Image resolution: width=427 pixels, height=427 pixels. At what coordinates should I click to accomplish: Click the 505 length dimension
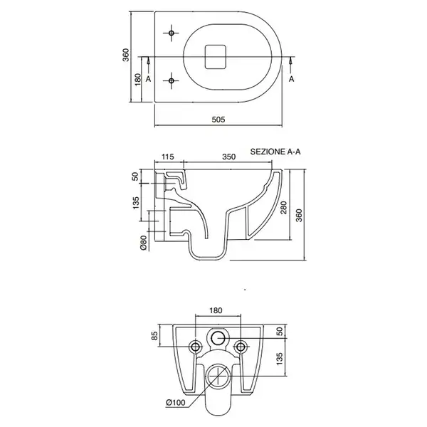pos(218,120)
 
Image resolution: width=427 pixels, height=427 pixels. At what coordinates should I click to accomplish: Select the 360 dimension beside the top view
pos(125,55)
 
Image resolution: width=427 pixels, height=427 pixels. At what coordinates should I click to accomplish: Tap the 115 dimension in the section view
pos(168,157)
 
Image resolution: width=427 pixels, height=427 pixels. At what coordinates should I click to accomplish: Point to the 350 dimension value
pos(228,157)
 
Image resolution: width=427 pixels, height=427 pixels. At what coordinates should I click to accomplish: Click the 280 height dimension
pos(283,208)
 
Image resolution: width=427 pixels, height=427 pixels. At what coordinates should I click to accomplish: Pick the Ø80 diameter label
pos(144,243)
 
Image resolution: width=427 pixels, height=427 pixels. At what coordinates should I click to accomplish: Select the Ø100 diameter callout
pos(176,402)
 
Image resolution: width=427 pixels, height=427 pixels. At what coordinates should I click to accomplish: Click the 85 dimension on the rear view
pos(154,335)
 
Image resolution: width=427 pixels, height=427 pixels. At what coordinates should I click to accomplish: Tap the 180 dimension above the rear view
pos(216,310)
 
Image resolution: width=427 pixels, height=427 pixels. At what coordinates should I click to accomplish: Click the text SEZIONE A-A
pos(275,152)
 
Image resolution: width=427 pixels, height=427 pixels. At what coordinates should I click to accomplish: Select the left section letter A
pos(148,79)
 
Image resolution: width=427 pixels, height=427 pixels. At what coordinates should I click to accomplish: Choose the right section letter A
pos(291,79)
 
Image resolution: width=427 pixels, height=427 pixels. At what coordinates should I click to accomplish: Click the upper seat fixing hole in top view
pos(172,33)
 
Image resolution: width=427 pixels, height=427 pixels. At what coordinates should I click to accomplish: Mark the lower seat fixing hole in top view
pos(172,81)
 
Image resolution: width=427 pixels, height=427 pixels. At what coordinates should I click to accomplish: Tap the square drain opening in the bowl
pos(216,57)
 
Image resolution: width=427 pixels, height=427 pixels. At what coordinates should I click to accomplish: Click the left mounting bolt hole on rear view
pos(196,347)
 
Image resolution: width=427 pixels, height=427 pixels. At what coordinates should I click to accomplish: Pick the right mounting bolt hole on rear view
pos(241,347)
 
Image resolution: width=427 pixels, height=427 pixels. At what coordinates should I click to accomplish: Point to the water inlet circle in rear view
pos(218,338)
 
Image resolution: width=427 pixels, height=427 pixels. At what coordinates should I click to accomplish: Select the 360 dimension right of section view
pos(299,216)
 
